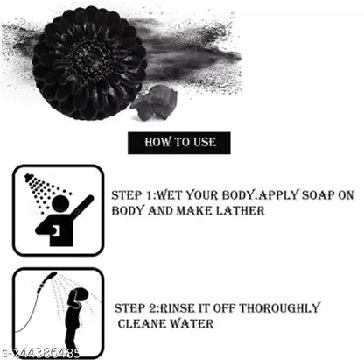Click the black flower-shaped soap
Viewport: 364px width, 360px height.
(x=89, y=63)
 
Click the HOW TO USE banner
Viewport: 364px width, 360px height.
(x=179, y=143)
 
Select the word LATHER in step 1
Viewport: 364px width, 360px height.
(x=240, y=210)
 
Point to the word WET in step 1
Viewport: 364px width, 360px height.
(x=170, y=195)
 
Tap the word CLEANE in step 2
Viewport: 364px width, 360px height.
(x=142, y=324)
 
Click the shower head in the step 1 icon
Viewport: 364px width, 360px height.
(x=29, y=177)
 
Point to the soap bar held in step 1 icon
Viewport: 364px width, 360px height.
(x=56, y=231)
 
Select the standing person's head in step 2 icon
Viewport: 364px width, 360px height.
(x=80, y=295)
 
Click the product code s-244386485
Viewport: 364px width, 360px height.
(x=40, y=352)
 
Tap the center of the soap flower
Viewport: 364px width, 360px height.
(x=87, y=59)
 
